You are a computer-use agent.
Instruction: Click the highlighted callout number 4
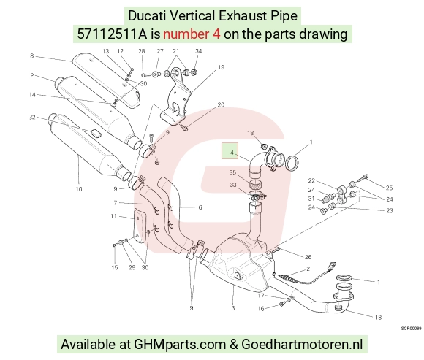232,153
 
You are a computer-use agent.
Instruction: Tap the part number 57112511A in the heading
113,34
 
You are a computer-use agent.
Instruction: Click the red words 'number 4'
192,34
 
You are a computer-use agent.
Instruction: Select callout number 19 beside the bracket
222,67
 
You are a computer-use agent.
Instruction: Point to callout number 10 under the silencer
79,189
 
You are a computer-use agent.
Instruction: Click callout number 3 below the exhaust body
233,308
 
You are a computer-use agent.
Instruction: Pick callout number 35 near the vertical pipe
232,172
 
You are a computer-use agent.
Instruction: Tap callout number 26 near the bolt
308,257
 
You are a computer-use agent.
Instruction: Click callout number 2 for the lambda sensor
308,269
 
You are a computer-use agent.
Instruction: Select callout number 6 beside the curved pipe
200,207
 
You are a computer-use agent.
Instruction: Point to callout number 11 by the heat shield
114,216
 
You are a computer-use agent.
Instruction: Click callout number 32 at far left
32,117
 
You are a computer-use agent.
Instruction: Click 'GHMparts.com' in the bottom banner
180,345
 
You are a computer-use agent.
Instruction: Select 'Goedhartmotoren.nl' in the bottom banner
302,345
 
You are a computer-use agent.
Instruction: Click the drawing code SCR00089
411,329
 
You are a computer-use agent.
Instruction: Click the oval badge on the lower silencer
96,133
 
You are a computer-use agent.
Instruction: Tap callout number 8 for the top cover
32,56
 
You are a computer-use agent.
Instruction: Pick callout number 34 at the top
199,51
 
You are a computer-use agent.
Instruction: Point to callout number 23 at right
390,210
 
